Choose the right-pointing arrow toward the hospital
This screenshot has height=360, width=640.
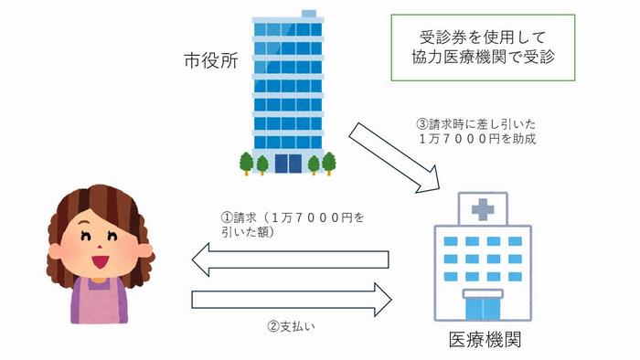pyautogui.click(x=292, y=299)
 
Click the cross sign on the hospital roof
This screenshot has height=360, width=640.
pyautogui.click(x=482, y=210)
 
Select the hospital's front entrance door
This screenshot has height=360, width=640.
pyautogui.click(x=483, y=307)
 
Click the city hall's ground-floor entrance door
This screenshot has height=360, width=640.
pyautogui.click(x=287, y=163)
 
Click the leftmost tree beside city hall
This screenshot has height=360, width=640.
pyautogui.click(x=245, y=164)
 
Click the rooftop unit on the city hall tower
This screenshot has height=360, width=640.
pyautogui.click(x=308, y=15)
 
